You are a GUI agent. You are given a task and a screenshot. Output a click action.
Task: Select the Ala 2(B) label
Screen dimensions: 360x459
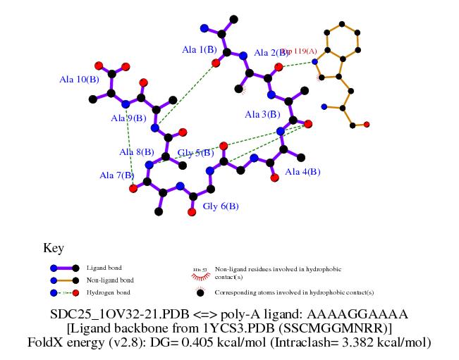tap(267, 53)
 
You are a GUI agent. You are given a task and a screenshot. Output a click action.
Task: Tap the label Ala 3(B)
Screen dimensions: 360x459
tap(262, 114)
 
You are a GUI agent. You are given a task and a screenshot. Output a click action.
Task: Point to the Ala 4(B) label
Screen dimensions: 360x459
tap(302, 172)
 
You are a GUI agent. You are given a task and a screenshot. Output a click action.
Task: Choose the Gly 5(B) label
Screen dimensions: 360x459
tap(195, 153)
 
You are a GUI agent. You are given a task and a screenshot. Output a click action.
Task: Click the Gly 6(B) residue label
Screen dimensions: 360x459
tap(221, 206)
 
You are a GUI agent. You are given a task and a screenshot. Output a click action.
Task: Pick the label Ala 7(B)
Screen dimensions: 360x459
tap(117, 175)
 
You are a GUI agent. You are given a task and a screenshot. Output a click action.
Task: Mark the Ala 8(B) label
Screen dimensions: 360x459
tap(137, 152)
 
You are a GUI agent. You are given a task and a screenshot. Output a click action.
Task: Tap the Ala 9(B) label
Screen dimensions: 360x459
tap(128, 118)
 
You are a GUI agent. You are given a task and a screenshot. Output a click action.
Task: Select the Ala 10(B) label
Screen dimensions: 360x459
tap(78, 80)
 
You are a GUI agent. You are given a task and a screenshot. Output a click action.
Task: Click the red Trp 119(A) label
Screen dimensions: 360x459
tap(300, 51)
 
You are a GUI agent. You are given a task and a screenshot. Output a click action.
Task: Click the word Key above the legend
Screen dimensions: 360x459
tap(54, 248)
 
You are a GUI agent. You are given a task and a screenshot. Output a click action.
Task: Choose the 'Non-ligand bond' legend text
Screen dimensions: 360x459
tap(109, 280)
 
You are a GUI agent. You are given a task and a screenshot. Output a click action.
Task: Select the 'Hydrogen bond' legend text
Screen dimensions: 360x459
tap(109, 292)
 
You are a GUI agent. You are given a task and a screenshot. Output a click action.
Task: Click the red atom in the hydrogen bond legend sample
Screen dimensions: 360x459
tap(75, 292)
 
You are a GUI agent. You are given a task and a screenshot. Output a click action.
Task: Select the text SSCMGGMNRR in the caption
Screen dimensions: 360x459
tap(342, 328)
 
